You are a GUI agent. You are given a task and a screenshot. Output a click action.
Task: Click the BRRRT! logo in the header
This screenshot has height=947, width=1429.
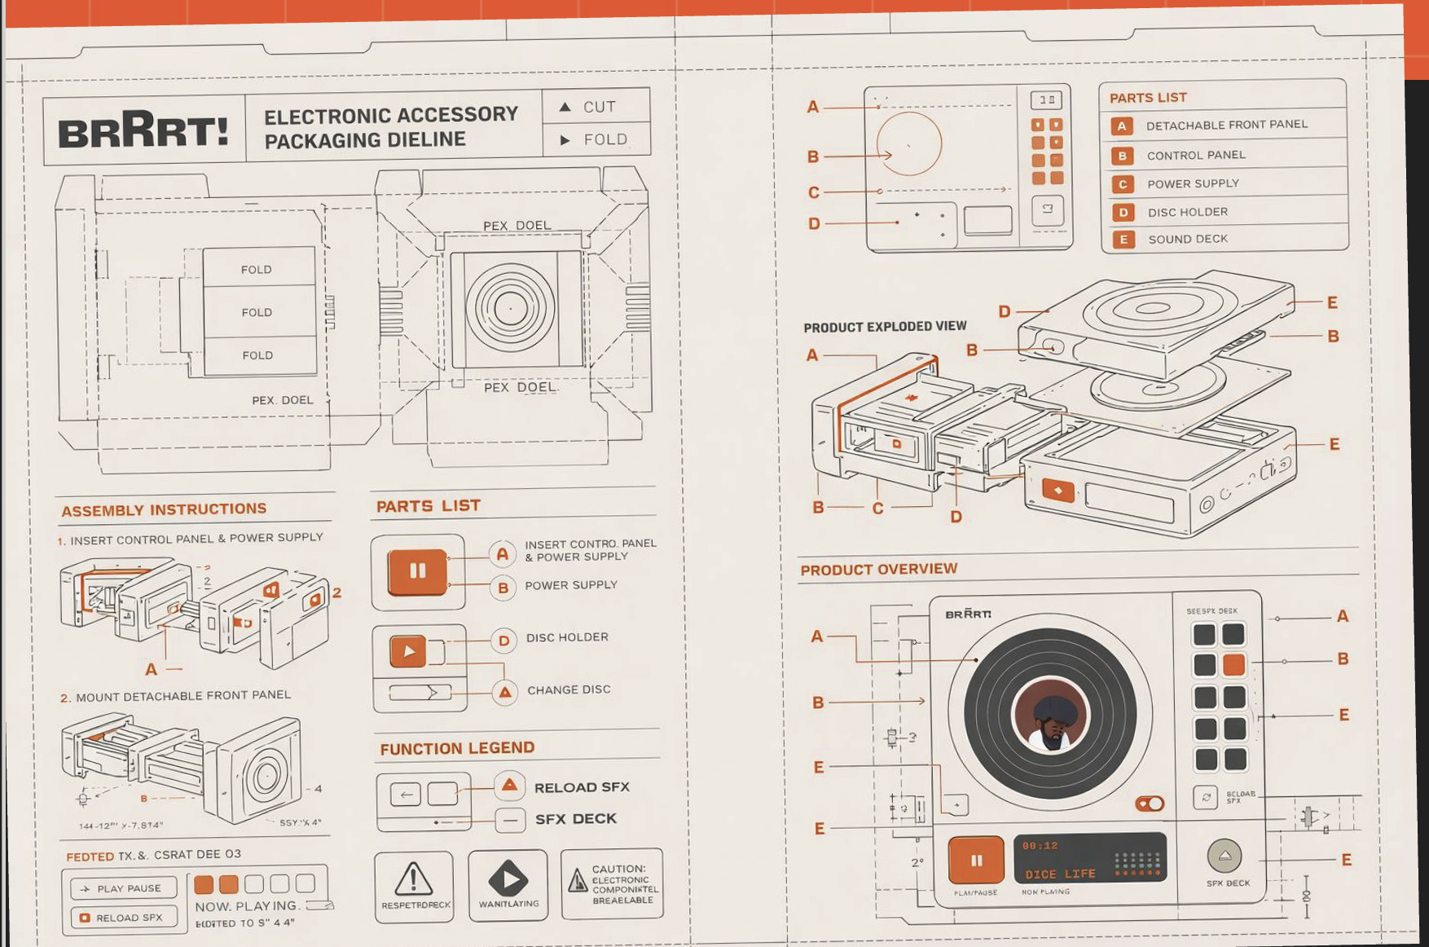click(x=143, y=130)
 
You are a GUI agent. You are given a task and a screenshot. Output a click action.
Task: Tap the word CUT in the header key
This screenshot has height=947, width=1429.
click(x=599, y=107)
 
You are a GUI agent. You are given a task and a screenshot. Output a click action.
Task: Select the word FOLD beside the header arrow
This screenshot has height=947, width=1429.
click(x=605, y=139)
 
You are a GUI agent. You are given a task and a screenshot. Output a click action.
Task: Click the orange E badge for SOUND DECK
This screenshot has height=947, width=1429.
click(x=1123, y=240)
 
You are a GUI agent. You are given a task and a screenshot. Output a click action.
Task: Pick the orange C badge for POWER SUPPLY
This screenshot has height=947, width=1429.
click(x=1123, y=184)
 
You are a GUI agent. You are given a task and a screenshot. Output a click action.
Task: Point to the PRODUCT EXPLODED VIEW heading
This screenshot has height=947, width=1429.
click(x=885, y=327)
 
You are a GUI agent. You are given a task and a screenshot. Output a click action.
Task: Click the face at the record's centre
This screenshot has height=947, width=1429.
click(x=1051, y=715)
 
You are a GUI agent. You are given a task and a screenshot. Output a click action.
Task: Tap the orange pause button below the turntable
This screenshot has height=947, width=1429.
click(x=976, y=860)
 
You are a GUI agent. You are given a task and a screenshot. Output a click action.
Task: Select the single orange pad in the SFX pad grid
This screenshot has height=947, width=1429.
click(x=1234, y=664)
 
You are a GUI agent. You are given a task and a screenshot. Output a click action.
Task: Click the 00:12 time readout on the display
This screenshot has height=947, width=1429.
click(x=1040, y=846)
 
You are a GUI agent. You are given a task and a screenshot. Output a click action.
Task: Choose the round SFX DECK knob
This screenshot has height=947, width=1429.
click(x=1224, y=856)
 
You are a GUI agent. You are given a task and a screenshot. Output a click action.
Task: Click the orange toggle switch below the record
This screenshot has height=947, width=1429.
click(x=1150, y=804)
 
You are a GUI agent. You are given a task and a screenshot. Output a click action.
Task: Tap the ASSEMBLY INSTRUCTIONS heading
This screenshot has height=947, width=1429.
click(x=164, y=510)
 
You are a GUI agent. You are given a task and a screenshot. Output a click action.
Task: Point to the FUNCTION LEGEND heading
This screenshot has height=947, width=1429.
click(x=457, y=748)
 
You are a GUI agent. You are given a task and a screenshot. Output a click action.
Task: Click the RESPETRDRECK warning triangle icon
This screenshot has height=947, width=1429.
click(x=413, y=879)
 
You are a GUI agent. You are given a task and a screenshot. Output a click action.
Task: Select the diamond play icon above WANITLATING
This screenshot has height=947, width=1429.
click(x=508, y=879)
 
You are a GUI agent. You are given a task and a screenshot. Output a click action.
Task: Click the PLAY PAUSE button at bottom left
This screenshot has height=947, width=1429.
click(x=123, y=888)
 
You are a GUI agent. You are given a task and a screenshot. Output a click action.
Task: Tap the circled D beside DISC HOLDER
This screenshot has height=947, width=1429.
click(x=503, y=641)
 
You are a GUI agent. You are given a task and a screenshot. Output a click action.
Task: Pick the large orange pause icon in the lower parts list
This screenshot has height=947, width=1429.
click(x=417, y=571)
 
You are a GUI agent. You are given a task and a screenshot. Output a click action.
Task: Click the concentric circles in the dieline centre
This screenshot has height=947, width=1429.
click(x=511, y=308)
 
